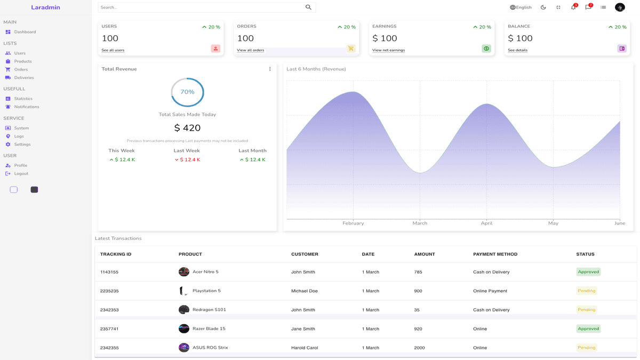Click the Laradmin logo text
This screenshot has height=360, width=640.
[x=45, y=7]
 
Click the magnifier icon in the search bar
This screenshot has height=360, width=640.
[x=308, y=7]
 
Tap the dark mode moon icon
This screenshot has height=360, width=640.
[x=543, y=7]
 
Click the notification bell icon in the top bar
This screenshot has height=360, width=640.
[x=573, y=7]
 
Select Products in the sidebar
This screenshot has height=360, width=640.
[x=22, y=61]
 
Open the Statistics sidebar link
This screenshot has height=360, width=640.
[x=23, y=99]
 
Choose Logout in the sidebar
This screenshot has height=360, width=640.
[x=21, y=173]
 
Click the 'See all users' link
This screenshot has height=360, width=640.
[x=113, y=50]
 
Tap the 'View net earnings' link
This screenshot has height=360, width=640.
[x=388, y=50]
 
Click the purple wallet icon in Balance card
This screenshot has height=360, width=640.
[x=622, y=49]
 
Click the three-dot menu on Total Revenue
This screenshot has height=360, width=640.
[x=270, y=69]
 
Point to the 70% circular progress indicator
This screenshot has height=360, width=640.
[x=187, y=92]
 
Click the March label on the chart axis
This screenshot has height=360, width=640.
[x=420, y=223]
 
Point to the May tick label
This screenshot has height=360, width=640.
[x=553, y=223]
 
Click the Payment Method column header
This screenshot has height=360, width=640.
[x=495, y=254]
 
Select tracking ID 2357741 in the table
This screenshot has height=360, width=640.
[x=109, y=329]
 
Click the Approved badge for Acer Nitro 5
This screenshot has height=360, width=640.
[x=588, y=272]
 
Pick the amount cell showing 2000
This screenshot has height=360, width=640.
[x=419, y=348]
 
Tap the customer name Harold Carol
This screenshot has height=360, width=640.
[x=305, y=348]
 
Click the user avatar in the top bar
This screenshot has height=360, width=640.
[x=620, y=7]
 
